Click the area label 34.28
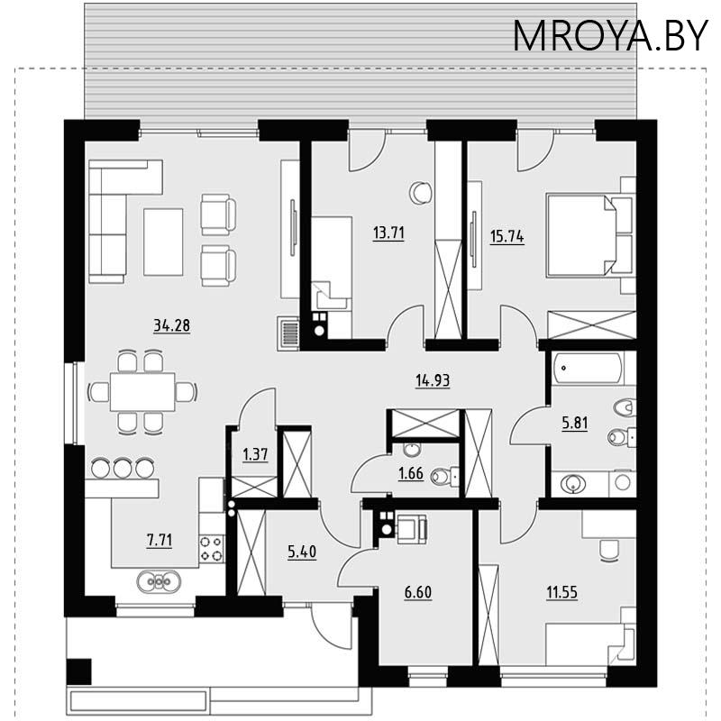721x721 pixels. tap(171, 325)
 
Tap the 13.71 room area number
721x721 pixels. tap(388, 233)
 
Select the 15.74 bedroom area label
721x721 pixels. tap(507, 237)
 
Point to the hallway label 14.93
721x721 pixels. tap(433, 380)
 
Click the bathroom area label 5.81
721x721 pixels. tap(575, 423)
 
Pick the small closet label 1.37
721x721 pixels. tap(255, 455)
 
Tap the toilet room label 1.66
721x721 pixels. tap(411, 473)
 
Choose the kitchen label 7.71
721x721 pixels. tap(160, 541)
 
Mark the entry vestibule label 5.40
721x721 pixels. tap(302, 552)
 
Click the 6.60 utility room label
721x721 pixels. tap(418, 593)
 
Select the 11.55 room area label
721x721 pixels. tap(561, 593)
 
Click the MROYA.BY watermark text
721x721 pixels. tap(610, 36)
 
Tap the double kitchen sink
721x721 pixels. tap(159, 581)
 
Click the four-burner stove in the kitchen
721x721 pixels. tap(212, 549)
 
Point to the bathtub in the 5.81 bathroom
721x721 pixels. tap(589, 369)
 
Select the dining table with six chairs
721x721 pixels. tap(142, 392)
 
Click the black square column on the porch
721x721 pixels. tap(79, 671)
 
